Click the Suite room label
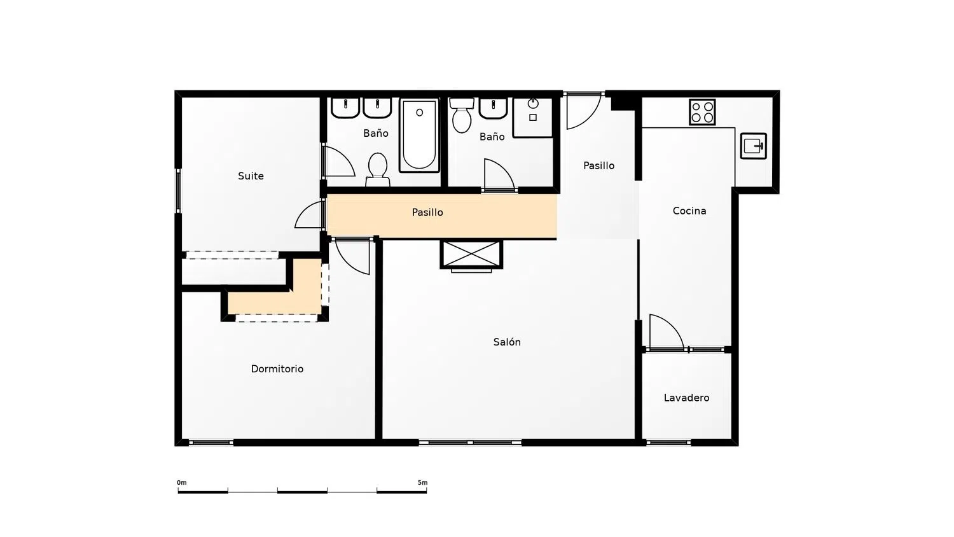pyautogui.click(x=251, y=176)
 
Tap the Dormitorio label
pyautogui.click(x=277, y=369)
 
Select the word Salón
pyautogui.click(x=507, y=342)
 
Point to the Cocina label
pyautogui.click(x=689, y=211)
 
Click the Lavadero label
pyautogui.click(x=686, y=398)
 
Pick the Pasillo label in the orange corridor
pyautogui.click(x=427, y=213)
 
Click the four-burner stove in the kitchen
pyautogui.click(x=702, y=112)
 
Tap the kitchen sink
pyautogui.click(x=754, y=146)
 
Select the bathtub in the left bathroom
pyautogui.click(x=420, y=135)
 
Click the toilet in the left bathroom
pyautogui.click(x=378, y=170)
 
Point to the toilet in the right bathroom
pyautogui.click(x=462, y=115)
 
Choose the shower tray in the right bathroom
pyautogui.click(x=533, y=118)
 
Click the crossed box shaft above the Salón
pyautogui.click(x=471, y=255)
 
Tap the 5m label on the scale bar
pyautogui.click(x=422, y=483)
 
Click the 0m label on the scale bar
pyautogui.click(x=182, y=483)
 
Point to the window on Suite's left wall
pyautogui.click(x=179, y=190)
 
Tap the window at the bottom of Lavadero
pyautogui.click(x=668, y=443)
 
